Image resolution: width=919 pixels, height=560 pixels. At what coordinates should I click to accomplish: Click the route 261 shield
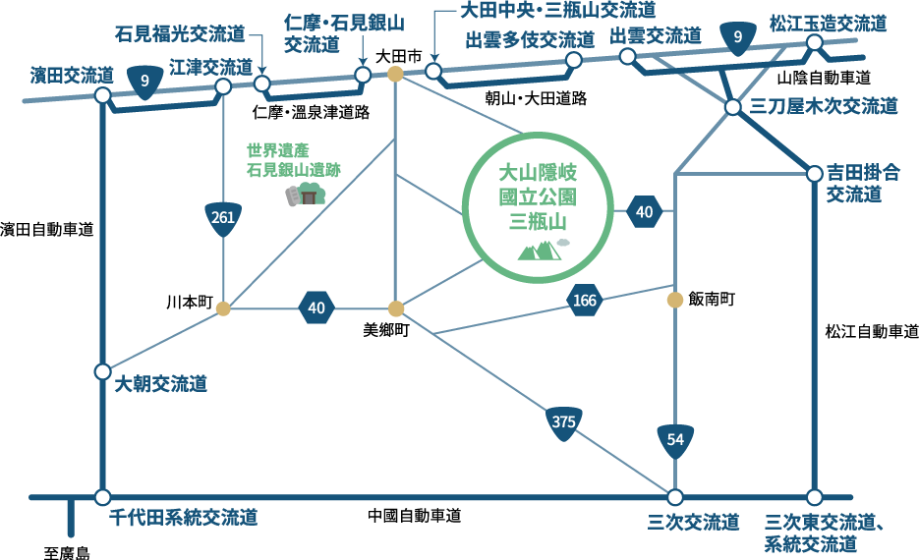pyautogui.click(x=224, y=217)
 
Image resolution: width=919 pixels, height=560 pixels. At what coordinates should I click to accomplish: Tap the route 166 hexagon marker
pyautogui.click(x=585, y=300)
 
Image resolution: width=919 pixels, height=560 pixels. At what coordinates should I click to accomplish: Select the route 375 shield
pyautogui.click(x=563, y=422)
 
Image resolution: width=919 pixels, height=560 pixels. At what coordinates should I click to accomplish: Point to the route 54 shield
pyautogui.click(x=675, y=440)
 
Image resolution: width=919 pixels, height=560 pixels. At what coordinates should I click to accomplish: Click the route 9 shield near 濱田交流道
pyautogui.click(x=145, y=82)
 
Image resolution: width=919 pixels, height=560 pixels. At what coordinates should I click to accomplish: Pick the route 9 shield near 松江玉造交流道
pyautogui.click(x=738, y=37)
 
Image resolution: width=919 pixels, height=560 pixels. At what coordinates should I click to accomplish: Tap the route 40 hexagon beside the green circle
pyautogui.click(x=645, y=211)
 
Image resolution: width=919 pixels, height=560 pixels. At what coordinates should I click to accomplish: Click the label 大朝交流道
pyautogui.click(x=161, y=384)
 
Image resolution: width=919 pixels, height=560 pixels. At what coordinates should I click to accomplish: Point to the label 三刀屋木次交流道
pyautogui.click(x=824, y=107)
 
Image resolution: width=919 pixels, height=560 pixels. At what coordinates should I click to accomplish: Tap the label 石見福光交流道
pyautogui.click(x=180, y=35)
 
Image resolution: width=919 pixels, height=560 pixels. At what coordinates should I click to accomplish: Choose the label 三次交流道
pyautogui.click(x=694, y=522)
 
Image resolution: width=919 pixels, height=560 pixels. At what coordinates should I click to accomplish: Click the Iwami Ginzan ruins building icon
pyautogui.click(x=306, y=196)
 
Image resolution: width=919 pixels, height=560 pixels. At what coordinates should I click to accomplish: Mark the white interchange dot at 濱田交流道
pyautogui.click(x=102, y=95)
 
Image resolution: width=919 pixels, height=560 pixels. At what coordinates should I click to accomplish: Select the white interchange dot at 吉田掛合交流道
pyautogui.click(x=814, y=174)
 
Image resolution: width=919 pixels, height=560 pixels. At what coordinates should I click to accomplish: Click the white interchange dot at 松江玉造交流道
pyautogui.click(x=814, y=42)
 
